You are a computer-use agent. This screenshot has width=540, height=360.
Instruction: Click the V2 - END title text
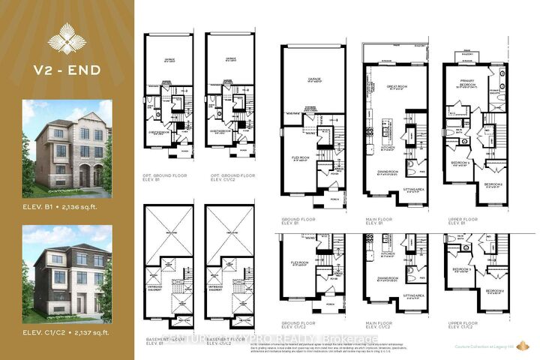point(67,72)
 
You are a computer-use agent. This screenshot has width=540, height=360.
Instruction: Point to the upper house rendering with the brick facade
point(67,145)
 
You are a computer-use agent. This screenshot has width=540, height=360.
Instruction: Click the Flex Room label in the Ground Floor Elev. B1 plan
point(301,158)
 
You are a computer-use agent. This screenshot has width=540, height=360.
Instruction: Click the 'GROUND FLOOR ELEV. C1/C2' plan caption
point(299,325)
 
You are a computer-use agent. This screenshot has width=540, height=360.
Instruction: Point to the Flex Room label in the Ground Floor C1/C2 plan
point(301,264)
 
